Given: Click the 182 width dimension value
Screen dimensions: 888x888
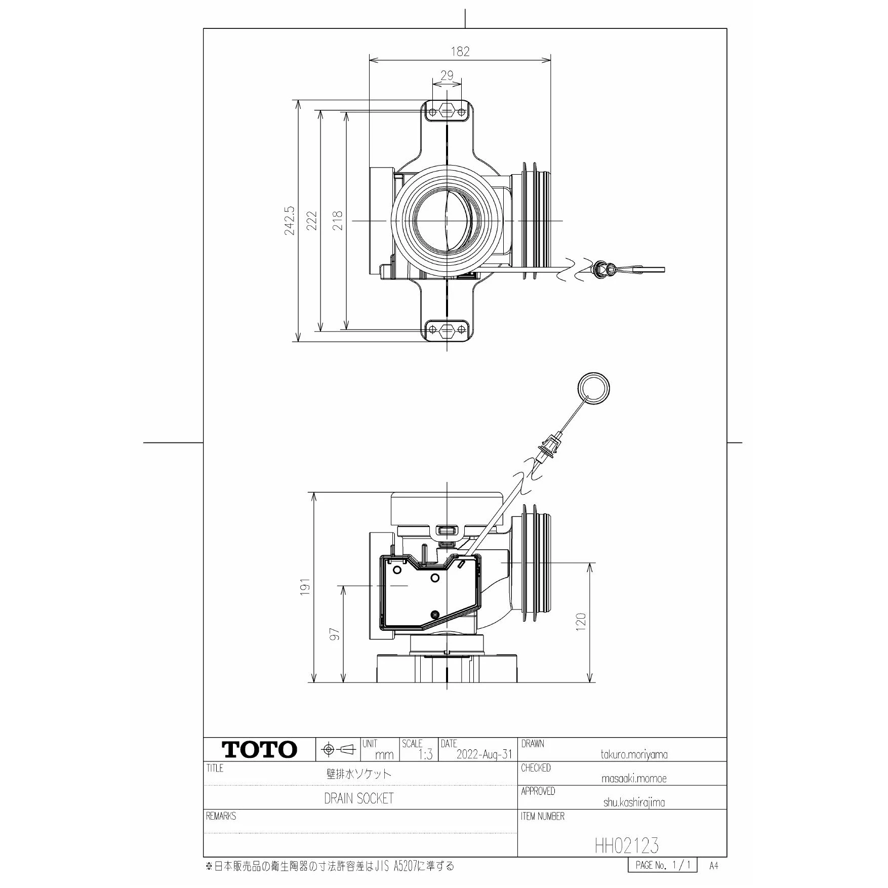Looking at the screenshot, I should pyautogui.click(x=460, y=51).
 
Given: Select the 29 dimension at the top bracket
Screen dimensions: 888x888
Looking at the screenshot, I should pyautogui.click(x=447, y=76).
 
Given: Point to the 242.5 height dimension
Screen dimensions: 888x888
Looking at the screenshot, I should pyautogui.click(x=289, y=221).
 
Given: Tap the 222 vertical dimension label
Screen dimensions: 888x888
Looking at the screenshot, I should pyautogui.click(x=312, y=221).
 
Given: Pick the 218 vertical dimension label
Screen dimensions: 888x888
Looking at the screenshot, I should pyautogui.click(x=338, y=221).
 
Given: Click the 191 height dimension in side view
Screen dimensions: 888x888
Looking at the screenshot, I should pyautogui.click(x=305, y=587).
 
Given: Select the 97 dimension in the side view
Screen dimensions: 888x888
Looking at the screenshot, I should pyautogui.click(x=335, y=634).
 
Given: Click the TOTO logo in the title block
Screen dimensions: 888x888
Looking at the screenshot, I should pyautogui.click(x=259, y=750).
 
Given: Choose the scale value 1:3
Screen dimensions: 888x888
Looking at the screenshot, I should pyautogui.click(x=425, y=755).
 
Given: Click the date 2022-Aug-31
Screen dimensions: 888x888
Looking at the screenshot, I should pyautogui.click(x=484, y=754).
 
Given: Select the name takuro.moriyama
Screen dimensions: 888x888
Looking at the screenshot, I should pyautogui.click(x=633, y=754).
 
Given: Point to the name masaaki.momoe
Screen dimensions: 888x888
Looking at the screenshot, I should pyautogui.click(x=633, y=779).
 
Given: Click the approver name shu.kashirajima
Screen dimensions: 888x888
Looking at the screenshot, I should pyautogui.click(x=633, y=802).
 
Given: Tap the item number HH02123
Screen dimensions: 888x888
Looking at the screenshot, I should pyautogui.click(x=627, y=845).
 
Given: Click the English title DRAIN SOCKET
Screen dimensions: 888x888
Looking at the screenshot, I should pyautogui.click(x=358, y=798).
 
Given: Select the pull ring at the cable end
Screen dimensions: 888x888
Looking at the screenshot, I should pyautogui.click(x=593, y=389).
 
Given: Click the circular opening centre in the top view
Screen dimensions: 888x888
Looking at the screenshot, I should pyautogui.click(x=446, y=221).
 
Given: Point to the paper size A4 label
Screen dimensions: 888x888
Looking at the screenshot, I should pyautogui.click(x=713, y=866).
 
